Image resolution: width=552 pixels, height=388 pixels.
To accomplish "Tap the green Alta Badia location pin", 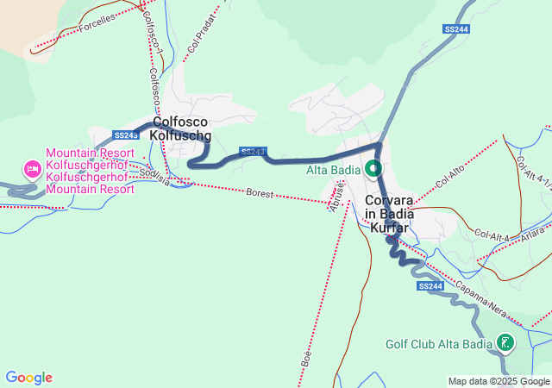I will click(373, 168).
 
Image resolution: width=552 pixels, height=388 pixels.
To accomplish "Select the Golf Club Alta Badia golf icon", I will click(504, 344).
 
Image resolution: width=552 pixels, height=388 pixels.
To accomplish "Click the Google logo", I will click(28, 378).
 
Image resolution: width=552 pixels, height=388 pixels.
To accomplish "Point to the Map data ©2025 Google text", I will click(499, 381).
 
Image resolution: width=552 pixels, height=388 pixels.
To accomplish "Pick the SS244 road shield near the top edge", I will click(456, 29).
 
